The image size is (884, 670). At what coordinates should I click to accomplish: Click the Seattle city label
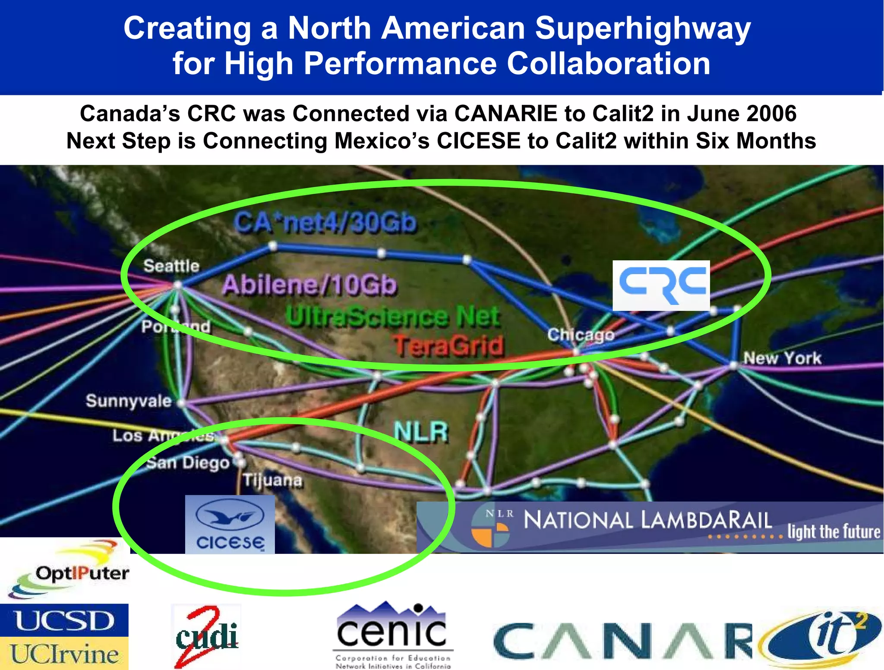point(171,266)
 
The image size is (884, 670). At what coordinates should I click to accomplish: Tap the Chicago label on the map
point(581,334)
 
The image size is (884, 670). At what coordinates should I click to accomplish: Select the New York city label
point(782,358)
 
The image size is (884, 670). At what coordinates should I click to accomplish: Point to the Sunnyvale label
point(129,401)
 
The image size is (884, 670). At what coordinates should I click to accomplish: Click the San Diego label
point(188,463)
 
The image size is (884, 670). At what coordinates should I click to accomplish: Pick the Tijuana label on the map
point(272,480)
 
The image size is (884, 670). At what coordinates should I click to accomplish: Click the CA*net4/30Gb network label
point(325,223)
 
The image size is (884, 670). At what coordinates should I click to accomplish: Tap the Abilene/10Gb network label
point(309,285)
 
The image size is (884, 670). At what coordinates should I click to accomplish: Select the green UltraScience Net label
point(393,316)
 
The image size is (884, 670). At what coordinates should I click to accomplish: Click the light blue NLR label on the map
point(421,432)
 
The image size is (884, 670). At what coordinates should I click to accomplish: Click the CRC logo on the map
point(661,285)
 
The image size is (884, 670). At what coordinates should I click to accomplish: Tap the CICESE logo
point(230,524)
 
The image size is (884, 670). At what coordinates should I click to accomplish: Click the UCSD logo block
point(64,620)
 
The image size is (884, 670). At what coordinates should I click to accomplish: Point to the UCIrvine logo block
point(64,654)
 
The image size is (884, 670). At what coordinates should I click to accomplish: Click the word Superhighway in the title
point(643,28)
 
